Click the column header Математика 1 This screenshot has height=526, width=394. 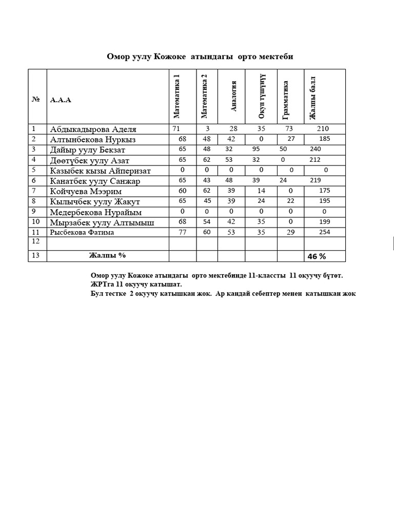tap(177, 96)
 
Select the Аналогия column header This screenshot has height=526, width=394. tap(234, 96)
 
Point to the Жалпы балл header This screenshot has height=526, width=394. tap(312, 98)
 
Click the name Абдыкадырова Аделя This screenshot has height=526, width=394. tap(93, 129)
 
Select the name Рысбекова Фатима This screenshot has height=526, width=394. tap(82, 233)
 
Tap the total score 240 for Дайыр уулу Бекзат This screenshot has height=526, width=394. tap(316, 149)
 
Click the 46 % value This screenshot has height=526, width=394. tap(317, 256)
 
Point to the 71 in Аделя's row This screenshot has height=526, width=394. tap(176, 129)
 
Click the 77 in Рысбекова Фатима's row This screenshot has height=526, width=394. tap(182, 232)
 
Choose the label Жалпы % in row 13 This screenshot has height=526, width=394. tap(107, 255)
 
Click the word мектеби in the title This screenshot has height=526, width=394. tap(276, 57)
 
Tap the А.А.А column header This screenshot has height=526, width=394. tap(61, 100)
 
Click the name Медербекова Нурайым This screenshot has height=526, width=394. tap(96, 212)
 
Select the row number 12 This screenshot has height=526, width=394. tap(35, 240)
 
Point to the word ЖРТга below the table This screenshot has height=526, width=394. tap(101, 284)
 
